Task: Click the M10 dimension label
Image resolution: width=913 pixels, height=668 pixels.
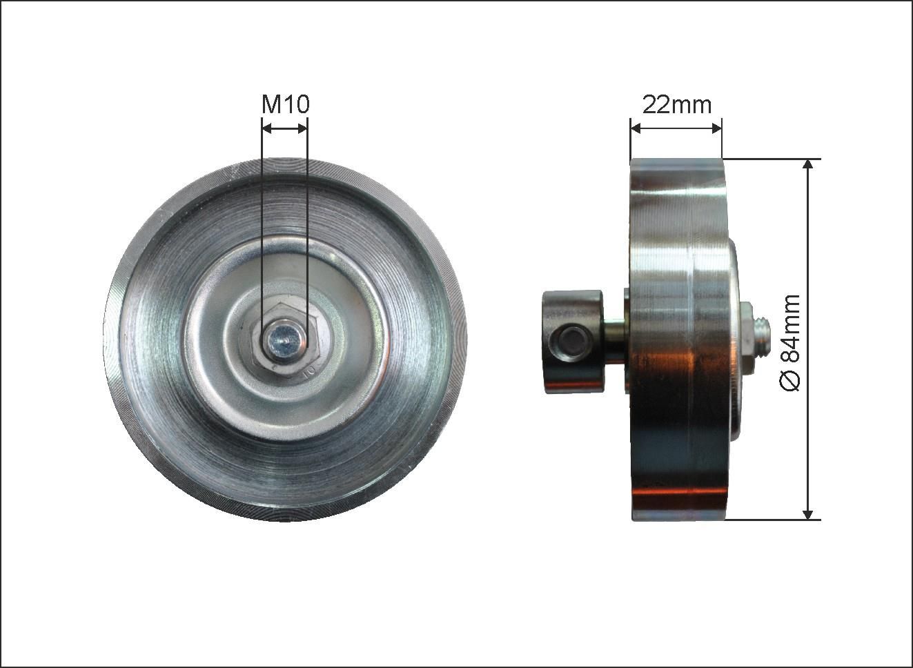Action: coord(285,104)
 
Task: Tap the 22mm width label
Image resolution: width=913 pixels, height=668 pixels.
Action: coord(677,105)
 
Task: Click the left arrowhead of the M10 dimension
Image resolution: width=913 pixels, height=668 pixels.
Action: coord(267,129)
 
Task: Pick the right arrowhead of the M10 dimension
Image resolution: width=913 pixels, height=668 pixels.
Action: coord(302,129)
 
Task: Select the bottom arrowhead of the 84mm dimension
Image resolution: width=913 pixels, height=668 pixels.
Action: coord(808,514)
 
